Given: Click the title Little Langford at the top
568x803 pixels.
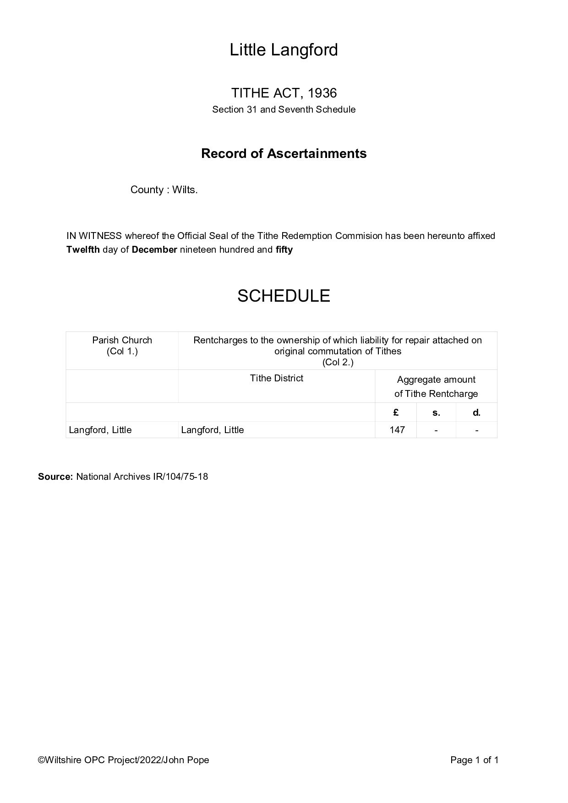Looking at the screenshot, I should [x=284, y=49].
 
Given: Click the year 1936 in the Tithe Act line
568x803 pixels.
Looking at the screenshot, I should [x=322, y=93].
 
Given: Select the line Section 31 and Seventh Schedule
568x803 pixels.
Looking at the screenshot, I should [x=284, y=109].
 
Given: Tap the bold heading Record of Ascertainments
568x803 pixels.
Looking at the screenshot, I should [x=284, y=153].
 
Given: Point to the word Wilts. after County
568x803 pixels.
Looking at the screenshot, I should [x=185, y=190].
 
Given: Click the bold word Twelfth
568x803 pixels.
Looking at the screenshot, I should [x=83, y=250].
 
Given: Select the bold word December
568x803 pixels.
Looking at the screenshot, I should [x=154, y=250].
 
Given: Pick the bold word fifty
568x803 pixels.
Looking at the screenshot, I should [x=284, y=250].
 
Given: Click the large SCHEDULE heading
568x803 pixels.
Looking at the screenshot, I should [x=284, y=296].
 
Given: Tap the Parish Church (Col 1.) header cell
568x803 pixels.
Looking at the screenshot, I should [x=122, y=346].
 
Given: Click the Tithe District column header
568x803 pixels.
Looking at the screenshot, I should [x=276, y=378].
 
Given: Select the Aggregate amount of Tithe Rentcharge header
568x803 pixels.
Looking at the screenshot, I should [x=436, y=386].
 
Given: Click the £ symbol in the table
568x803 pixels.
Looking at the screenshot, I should [x=396, y=412].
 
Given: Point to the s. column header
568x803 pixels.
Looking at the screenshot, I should [x=436, y=412].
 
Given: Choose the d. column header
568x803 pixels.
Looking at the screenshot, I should [x=476, y=412].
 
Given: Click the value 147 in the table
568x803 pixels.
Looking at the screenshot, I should [x=397, y=430].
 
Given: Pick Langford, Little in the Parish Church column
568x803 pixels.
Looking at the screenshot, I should [x=100, y=430].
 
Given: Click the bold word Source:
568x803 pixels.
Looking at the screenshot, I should [x=55, y=477].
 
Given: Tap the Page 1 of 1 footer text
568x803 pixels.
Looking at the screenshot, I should [x=474, y=760].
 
